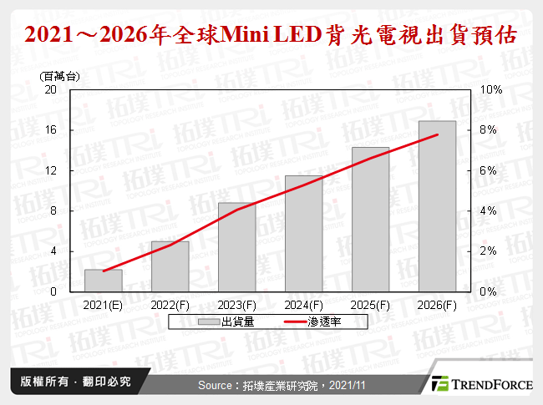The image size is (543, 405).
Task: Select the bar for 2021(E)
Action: tap(104, 281)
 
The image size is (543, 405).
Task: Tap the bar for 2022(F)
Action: tap(170, 266)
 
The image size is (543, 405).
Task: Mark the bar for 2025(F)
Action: tap(371, 220)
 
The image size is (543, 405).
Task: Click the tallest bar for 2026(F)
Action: tap(438, 206)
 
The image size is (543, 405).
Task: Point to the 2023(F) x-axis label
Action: tap(237, 306)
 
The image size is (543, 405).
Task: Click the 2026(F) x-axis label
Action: tap(438, 306)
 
